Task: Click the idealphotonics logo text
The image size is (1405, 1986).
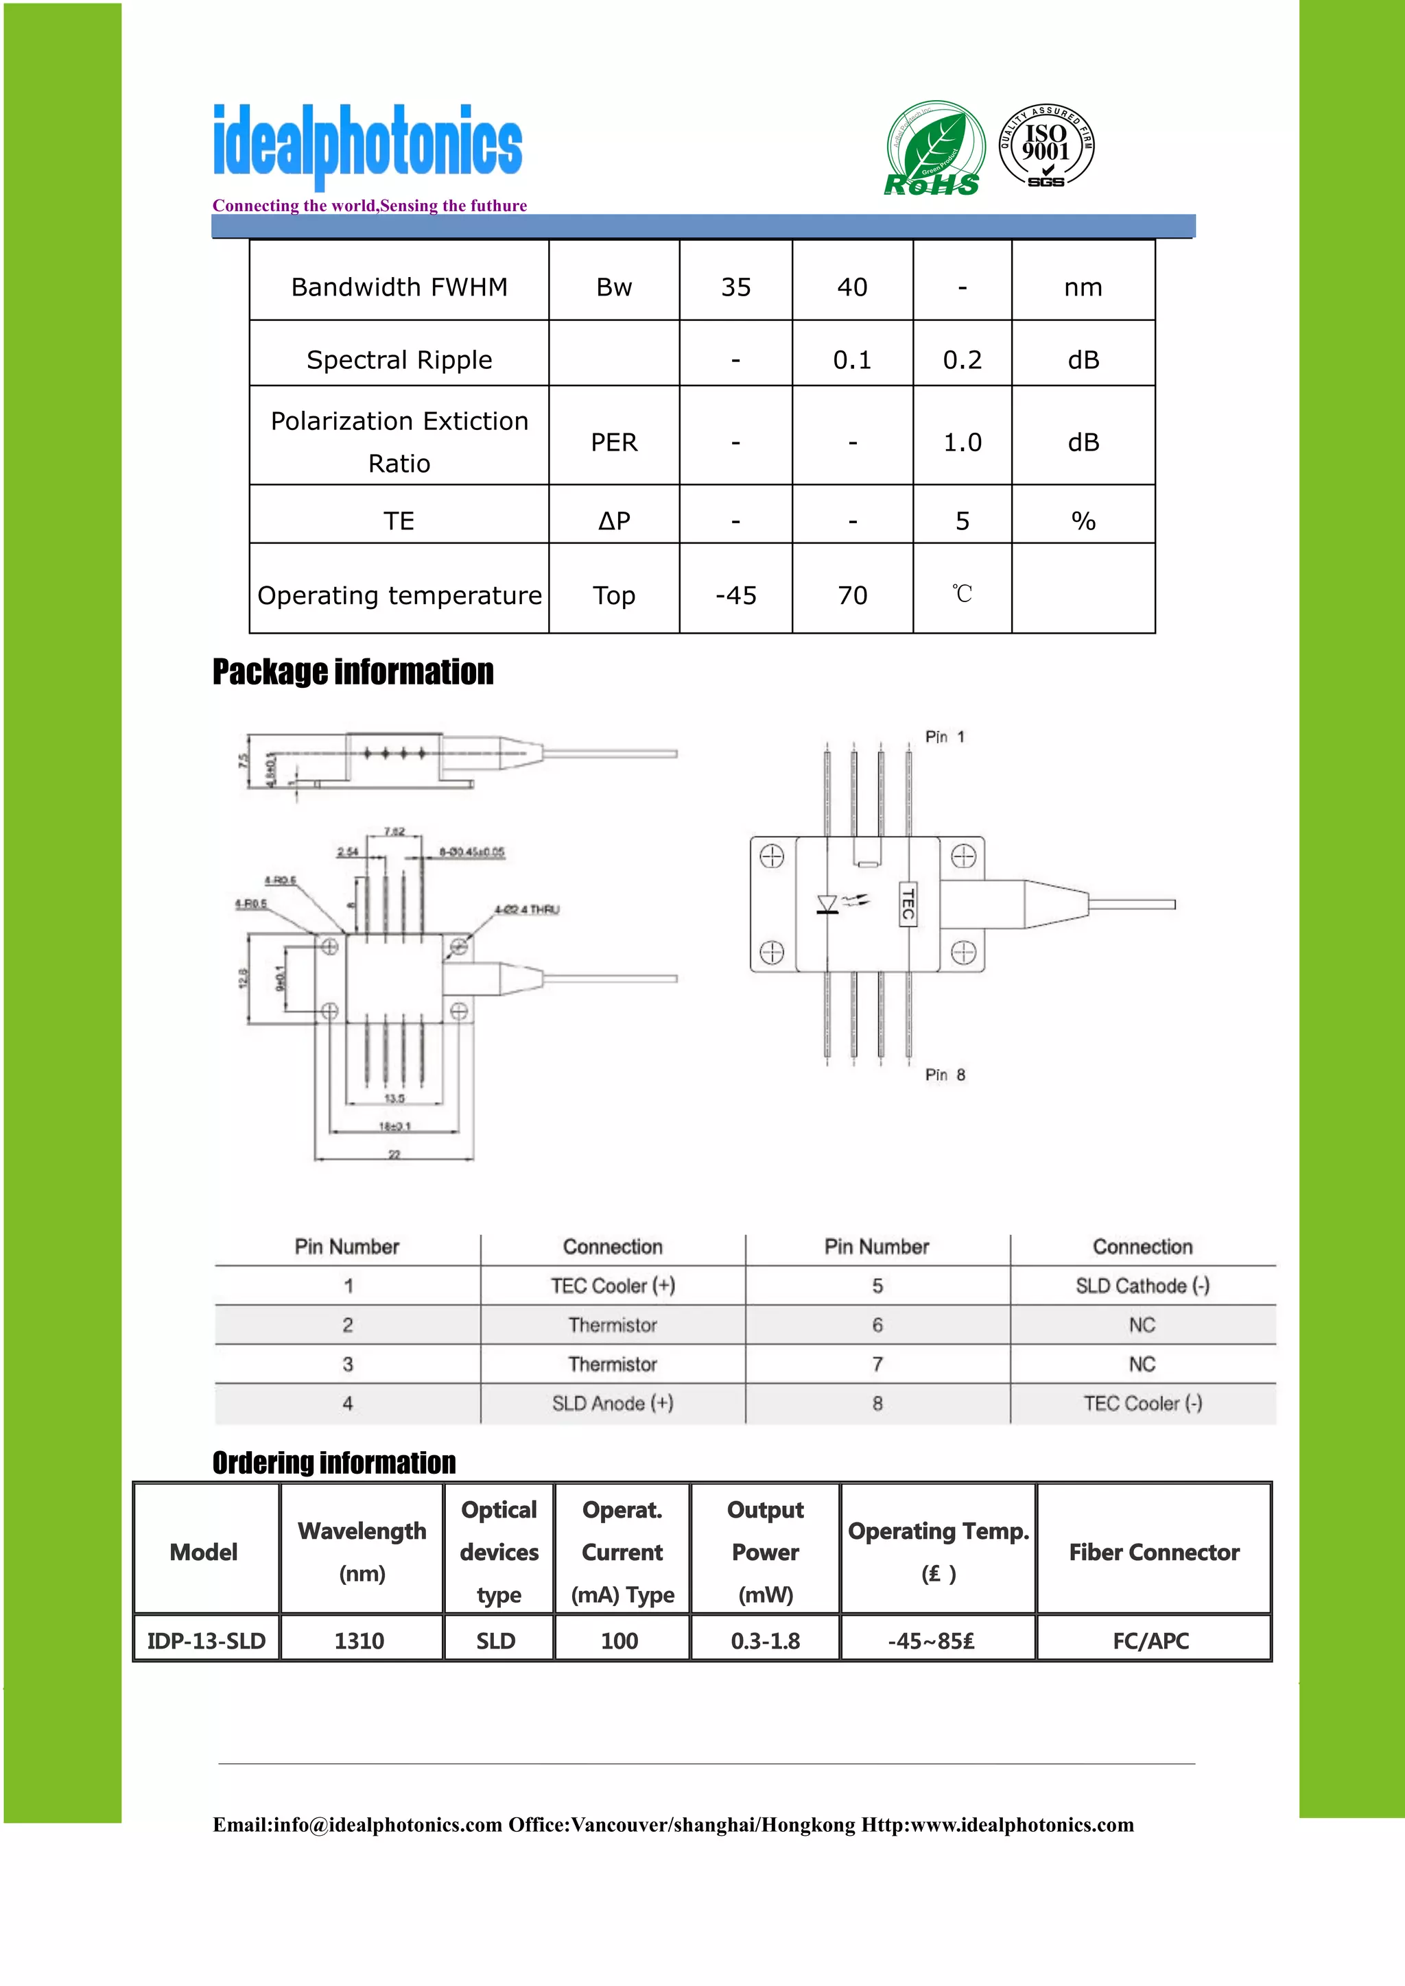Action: (x=368, y=143)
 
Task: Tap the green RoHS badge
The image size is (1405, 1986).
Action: (x=934, y=149)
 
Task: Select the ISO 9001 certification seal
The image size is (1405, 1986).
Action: (x=1046, y=146)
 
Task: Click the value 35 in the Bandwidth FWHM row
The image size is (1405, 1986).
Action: (x=735, y=287)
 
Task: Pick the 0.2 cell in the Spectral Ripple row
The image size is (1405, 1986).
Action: (x=962, y=360)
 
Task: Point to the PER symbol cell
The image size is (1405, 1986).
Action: (x=613, y=443)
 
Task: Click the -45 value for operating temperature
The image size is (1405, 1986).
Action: (x=735, y=595)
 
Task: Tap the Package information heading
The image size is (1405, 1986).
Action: (x=353, y=672)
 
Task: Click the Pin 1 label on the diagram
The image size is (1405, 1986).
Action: (x=945, y=737)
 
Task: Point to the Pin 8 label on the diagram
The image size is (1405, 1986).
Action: (x=945, y=1075)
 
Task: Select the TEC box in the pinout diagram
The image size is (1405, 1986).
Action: (x=908, y=904)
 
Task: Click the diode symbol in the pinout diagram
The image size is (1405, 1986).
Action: (x=828, y=905)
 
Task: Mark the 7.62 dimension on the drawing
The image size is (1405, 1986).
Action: (x=394, y=831)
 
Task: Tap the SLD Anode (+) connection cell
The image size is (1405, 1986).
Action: (x=613, y=1403)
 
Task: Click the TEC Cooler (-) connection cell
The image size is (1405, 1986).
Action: (x=1142, y=1403)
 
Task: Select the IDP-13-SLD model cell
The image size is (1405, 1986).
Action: (x=206, y=1641)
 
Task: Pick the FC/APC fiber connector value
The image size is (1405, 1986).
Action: (x=1150, y=1641)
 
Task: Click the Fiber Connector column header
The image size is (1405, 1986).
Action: (x=1154, y=1552)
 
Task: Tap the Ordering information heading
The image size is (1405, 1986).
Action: (x=334, y=1463)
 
